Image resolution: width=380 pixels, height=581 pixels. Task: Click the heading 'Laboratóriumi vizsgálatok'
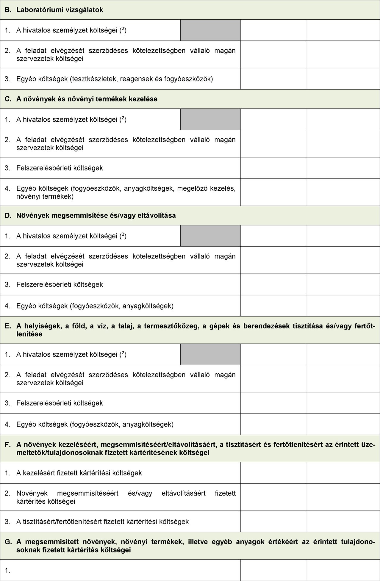[x=60, y=10]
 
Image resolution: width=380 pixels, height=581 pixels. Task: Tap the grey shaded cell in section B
[x=210, y=30]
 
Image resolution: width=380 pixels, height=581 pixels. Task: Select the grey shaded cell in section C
[x=210, y=119]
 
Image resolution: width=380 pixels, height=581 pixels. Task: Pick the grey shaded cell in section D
[x=210, y=236]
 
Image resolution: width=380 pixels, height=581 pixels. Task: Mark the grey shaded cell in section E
[x=210, y=354]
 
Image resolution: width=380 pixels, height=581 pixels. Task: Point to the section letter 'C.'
[x=8, y=99]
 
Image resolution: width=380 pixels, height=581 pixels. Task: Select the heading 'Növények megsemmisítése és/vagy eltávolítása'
[x=96, y=215]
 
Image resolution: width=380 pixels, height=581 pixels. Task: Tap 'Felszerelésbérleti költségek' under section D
[x=60, y=284]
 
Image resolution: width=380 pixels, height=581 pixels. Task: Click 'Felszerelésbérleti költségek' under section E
[x=60, y=403]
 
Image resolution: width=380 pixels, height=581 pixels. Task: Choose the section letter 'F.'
[x=8, y=445]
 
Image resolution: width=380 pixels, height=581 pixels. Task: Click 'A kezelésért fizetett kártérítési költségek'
[x=79, y=473]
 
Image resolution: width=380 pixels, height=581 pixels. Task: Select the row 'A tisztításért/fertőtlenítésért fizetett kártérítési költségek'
[x=102, y=522]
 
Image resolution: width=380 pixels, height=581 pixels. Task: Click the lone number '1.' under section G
[x=8, y=570]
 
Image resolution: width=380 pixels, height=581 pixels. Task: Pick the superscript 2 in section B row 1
[x=123, y=29]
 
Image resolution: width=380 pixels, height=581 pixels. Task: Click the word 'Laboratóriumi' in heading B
[x=37, y=10]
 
